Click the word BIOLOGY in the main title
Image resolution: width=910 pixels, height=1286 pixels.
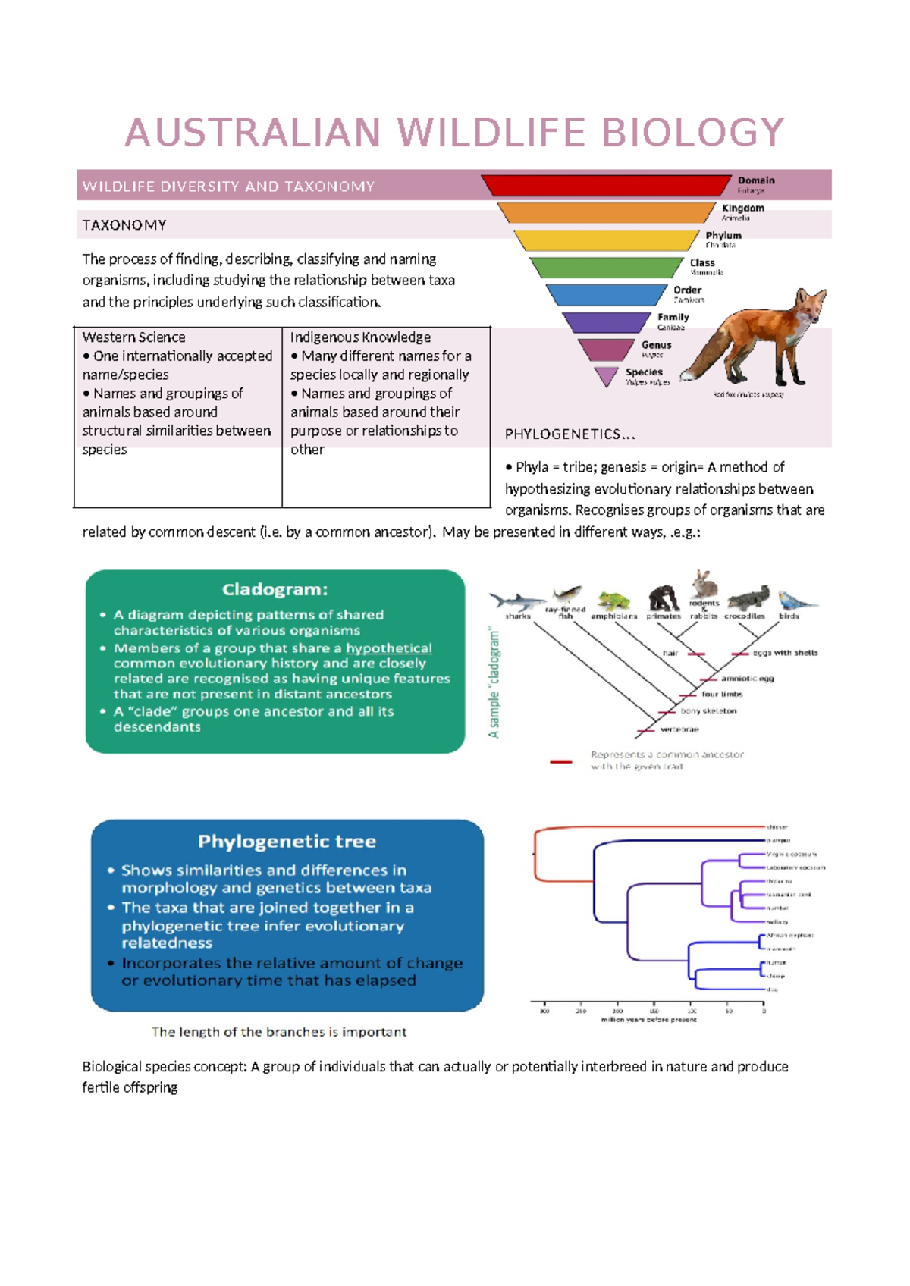click(x=692, y=133)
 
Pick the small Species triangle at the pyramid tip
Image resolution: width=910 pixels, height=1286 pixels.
click(x=607, y=375)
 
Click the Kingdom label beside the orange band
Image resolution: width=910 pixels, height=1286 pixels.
click(x=742, y=209)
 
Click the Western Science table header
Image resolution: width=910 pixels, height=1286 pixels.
click(x=133, y=337)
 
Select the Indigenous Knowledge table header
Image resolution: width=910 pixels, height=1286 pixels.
click(x=360, y=337)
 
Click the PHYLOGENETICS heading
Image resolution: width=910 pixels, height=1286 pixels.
click(x=570, y=434)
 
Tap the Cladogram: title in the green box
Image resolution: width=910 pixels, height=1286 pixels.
click(x=275, y=590)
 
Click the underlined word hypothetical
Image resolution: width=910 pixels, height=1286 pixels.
click(x=388, y=648)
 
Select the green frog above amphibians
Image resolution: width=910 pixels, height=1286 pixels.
click(x=613, y=601)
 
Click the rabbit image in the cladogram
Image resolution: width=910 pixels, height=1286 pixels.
click(x=705, y=584)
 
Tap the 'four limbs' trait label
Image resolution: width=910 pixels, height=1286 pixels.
click(x=722, y=695)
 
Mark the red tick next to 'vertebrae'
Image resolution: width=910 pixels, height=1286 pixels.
click(x=645, y=730)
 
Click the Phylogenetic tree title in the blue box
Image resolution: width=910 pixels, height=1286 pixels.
click(x=287, y=842)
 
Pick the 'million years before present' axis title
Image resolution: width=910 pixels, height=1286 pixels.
click(x=648, y=1020)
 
